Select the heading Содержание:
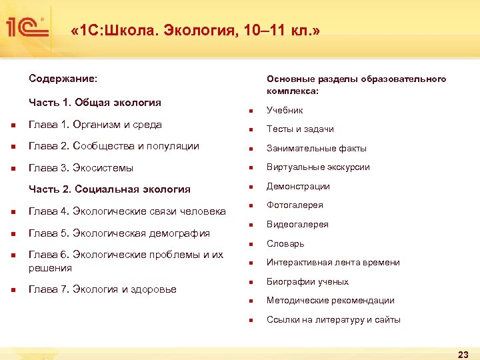(63, 79)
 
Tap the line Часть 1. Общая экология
(95, 103)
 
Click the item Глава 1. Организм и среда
(95, 125)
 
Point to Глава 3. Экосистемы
(81, 167)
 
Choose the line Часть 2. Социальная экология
(109, 189)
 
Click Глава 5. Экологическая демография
(119, 233)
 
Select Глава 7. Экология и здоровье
(103, 289)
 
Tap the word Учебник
(285, 110)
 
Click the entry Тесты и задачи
(300, 129)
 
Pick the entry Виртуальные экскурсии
(318, 167)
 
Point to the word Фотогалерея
(295, 205)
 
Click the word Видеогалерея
(297, 225)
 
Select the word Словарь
(285, 244)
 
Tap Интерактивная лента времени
(333, 263)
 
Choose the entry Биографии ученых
(307, 282)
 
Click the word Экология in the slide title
(193, 31)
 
